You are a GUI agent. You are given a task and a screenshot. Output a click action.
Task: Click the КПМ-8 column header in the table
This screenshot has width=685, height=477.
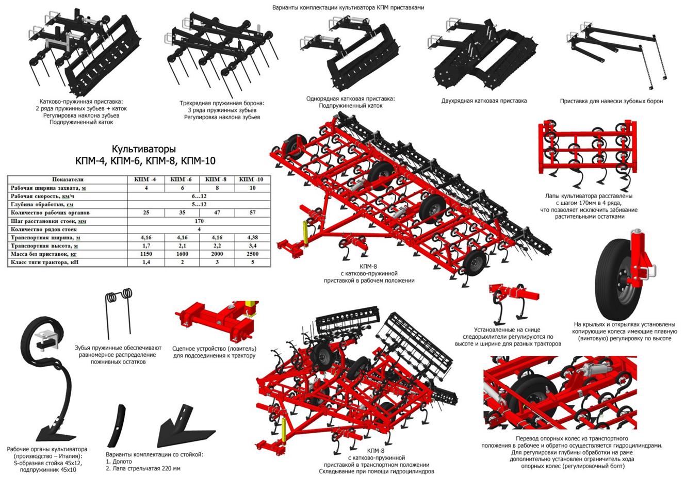(x=217, y=179)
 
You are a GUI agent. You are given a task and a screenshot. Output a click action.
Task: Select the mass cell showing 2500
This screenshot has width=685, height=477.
(x=252, y=254)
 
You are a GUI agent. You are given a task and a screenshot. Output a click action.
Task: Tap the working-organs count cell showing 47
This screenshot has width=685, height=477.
(x=217, y=212)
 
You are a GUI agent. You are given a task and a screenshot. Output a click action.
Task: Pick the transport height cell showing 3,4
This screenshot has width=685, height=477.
(x=252, y=246)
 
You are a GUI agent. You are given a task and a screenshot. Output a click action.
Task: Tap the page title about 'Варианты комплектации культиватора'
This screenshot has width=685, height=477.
(x=348, y=7)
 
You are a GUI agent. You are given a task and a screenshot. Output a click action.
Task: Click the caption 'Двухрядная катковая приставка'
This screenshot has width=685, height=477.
(x=484, y=101)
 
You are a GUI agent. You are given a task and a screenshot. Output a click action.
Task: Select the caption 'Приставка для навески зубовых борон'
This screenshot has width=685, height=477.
(x=611, y=101)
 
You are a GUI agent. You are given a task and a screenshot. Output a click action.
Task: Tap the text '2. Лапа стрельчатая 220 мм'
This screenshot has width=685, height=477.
(x=143, y=469)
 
